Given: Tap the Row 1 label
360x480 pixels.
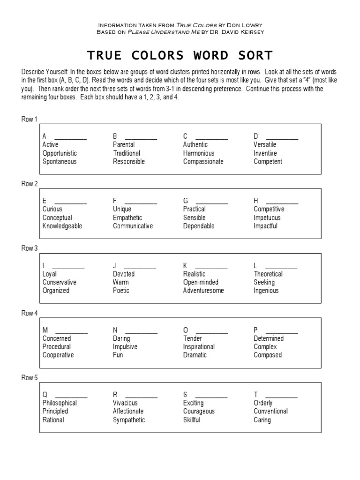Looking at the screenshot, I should pos(29,119).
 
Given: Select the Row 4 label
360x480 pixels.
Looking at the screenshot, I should pos(29,313).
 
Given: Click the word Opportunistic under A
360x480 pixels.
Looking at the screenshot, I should pos(60,153).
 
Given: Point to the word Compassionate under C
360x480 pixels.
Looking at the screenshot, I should pos(203,162).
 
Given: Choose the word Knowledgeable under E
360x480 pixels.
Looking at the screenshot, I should pos(62,226).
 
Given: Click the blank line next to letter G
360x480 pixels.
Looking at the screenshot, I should pos(211,203).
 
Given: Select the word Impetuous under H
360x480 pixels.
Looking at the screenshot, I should pos(267,217).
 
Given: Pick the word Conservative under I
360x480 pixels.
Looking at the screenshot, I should pos(60,282).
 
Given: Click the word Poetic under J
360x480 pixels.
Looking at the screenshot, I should pos(121,291).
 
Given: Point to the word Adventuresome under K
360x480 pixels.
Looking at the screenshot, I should pos(203,291).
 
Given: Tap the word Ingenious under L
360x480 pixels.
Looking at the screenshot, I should pos(266,291).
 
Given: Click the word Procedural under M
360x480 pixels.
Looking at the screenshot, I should pos(57,347).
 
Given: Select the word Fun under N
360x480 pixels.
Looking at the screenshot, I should pos(118,355).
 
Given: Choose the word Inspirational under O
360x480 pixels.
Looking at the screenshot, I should pos(199,347).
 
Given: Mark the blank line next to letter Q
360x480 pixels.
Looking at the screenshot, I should pos(71,397).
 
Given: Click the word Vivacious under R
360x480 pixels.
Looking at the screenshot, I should pos(125,403).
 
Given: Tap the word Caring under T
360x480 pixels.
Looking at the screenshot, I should pos(262,420).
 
